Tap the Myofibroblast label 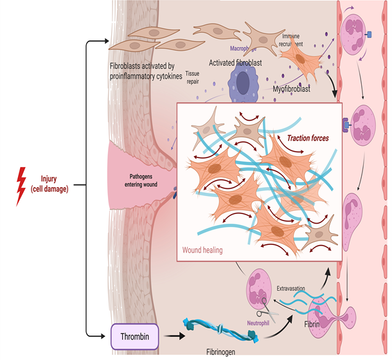[x=290, y=89]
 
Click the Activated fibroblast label [x=236, y=63]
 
